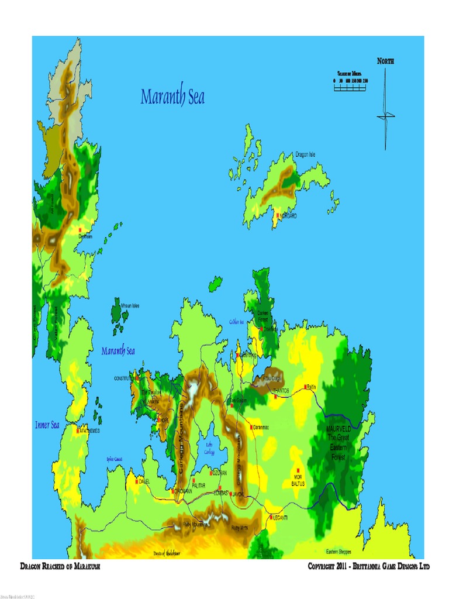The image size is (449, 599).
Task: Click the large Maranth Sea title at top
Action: tap(172, 97)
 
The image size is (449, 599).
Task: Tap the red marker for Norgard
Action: tap(278, 215)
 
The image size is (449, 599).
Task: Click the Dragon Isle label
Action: tap(305, 154)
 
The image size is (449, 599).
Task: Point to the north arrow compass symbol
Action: tap(385, 111)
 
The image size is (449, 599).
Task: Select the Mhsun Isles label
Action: tap(130, 305)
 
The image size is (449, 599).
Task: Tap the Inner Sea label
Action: tap(46, 425)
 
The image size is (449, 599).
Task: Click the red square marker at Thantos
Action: tap(275, 397)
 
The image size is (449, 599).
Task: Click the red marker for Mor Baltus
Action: tap(298, 470)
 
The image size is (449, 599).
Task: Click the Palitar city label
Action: tap(199, 486)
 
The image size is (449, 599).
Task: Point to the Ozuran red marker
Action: tap(211, 472)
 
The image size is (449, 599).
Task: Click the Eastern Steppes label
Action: tap(339, 552)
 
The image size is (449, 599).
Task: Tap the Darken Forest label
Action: tap(263, 316)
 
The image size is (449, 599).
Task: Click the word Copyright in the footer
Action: tap(325, 567)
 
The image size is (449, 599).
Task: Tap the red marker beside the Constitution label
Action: tap(139, 378)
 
